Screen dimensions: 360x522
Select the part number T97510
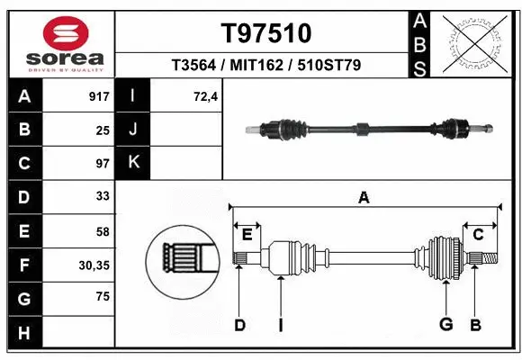(x=266, y=33)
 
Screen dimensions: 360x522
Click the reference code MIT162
(x=266, y=66)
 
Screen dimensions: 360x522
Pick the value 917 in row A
(x=98, y=96)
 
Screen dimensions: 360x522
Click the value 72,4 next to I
(x=206, y=96)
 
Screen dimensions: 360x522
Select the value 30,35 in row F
(x=94, y=265)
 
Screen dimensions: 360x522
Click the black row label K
(x=133, y=163)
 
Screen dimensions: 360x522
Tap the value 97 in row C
(x=102, y=163)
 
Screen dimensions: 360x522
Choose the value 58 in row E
(x=102, y=231)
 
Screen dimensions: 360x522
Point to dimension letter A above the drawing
(x=364, y=198)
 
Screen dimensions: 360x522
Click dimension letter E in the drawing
(x=247, y=234)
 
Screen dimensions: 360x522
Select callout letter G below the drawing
(x=445, y=325)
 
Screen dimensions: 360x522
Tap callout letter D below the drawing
(x=239, y=325)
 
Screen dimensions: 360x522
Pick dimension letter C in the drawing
(x=479, y=234)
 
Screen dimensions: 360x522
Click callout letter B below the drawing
(x=475, y=325)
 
